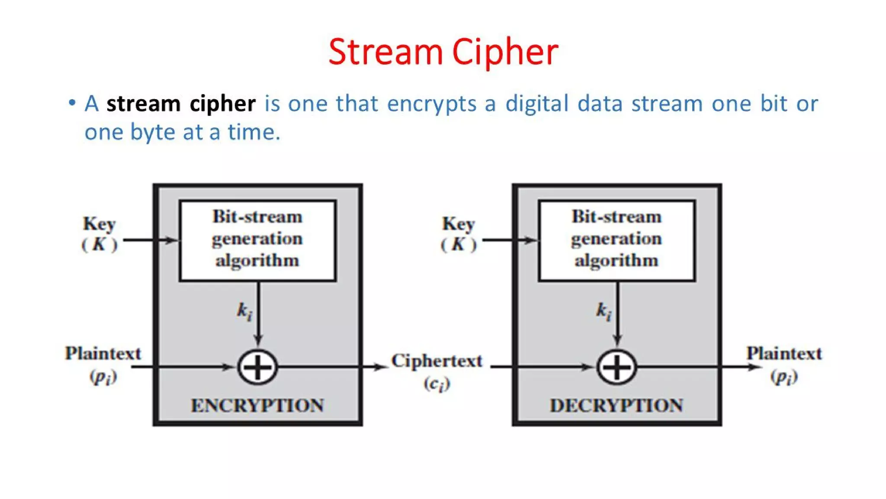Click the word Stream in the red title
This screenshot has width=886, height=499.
[385, 52]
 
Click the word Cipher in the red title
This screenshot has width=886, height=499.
[505, 52]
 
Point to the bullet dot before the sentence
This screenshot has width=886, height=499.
[72, 103]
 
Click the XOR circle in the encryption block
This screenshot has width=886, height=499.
[258, 367]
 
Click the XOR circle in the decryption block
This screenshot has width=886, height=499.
[617, 367]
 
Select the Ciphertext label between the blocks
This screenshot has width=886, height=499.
[437, 361]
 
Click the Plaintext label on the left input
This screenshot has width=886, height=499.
[103, 353]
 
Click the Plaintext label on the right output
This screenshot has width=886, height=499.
[784, 353]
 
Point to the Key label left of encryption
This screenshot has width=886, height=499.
[100, 224]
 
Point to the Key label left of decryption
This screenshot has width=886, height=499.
[459, 224]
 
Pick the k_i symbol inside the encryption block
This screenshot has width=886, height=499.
[244, 311]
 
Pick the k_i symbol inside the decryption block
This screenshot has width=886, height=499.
[604, 311]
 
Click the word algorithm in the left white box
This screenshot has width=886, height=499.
[257, 261]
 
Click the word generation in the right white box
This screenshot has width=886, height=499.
[616, 239]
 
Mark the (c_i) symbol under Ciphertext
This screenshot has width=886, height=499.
[437, 384]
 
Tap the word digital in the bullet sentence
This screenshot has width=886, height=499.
[537, 104]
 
